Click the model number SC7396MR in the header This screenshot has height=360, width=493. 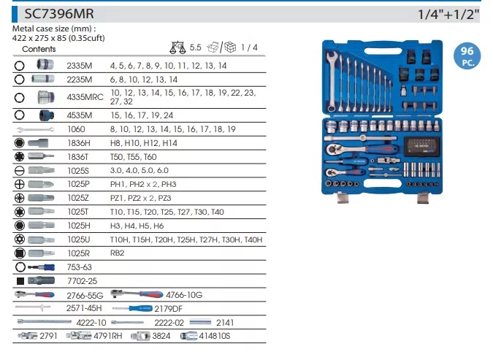coord(59,14)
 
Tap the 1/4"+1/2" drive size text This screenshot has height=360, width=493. coord(448,15)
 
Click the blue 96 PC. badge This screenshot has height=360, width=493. coord(467,55)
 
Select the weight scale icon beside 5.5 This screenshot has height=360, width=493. coord(177,47)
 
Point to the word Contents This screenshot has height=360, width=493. coord(39,49)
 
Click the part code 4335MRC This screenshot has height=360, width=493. coord(85,97)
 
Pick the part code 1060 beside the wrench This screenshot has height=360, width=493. coord(76,129)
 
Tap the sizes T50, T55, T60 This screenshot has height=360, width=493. coord(134,156)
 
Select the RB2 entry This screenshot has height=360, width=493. coord(118,253)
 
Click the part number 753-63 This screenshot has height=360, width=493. coord(79,267)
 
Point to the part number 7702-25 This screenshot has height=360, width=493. coord(82,281)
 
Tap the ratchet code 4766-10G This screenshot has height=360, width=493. coord(184,295)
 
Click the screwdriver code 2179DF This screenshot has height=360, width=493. coord(168,309)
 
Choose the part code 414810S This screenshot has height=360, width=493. coord(215,336)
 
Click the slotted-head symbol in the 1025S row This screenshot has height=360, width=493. coord(20,170)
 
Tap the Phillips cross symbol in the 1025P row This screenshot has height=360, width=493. coord(20,184)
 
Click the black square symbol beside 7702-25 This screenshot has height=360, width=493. coord(20,281)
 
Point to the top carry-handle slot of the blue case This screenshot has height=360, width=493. coord(383,51)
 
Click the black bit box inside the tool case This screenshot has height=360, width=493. coord(421,146)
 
